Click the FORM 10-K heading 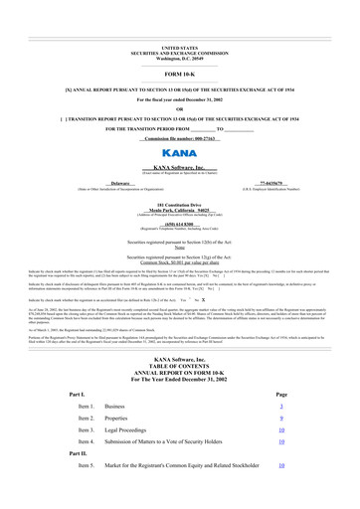[179, 75]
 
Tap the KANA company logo [179, 156]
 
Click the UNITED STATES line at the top [179, 47]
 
